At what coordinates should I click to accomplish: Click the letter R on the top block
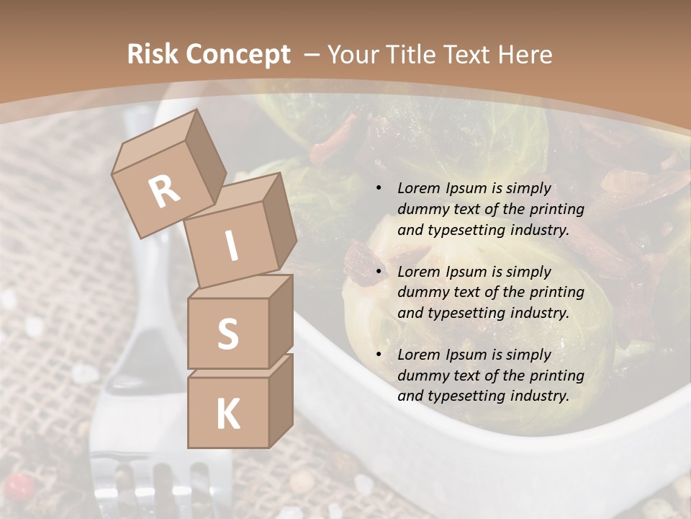point(164,191)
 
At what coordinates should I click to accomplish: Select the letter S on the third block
point(227,334)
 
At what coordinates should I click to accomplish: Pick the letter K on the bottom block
point(227,414)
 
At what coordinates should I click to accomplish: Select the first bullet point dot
point(379,189)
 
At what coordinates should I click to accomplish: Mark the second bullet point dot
point(379,272)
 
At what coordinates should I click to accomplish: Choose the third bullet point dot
point(379,355)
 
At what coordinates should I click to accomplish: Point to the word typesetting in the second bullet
point(461,313)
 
